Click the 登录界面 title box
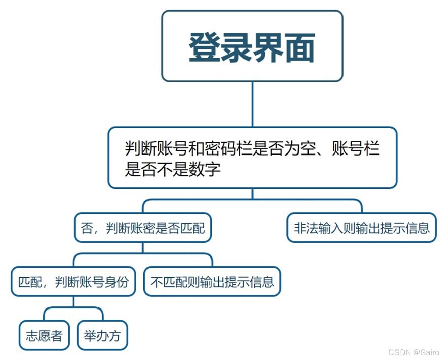pos(252,45)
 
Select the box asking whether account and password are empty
pos(252,158)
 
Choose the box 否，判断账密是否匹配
pos(142,228)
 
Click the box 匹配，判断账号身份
pos(73,281)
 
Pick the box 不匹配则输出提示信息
pos(212,281)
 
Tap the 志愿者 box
pos(44,335)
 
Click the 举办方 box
pos(103,335)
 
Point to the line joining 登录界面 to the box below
pos(252,104)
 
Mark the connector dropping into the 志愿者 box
pos(44,314)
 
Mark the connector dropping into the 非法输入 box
pos(362,207)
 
